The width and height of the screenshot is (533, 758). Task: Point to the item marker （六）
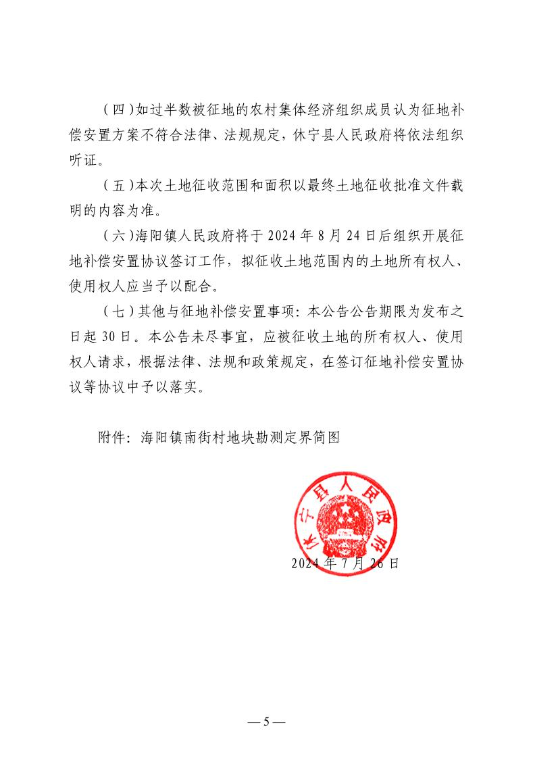click(x=118, y=235)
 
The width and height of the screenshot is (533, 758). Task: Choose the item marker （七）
click(x=118, y=311)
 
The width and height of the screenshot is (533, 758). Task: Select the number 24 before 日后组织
click(x=352, y=235)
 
